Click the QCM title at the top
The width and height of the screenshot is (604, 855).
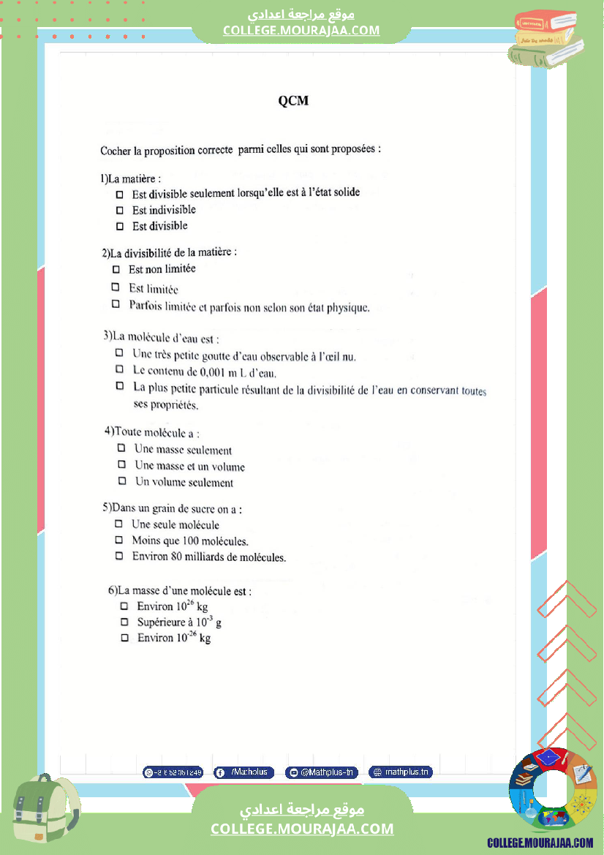293,101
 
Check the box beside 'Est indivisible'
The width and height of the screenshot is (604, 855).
120,211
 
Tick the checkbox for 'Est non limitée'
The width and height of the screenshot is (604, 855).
116,270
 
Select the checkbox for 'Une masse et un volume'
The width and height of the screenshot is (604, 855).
122,465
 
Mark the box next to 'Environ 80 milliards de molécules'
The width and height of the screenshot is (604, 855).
118,557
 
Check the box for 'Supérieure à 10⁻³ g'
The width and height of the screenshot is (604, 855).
124,622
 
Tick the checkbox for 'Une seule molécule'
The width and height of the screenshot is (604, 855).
118,524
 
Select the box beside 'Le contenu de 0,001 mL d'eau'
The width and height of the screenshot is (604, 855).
120,370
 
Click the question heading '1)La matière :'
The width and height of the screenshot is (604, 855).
131,178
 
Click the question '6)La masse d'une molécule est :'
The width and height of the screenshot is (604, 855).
180,590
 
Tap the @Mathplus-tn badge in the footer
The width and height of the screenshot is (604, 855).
322,772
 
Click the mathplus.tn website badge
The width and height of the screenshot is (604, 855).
401,772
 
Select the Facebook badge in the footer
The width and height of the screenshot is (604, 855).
244,772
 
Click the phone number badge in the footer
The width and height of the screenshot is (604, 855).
173,772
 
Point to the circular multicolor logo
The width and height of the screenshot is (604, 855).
553,792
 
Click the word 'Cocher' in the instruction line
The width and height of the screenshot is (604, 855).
116,151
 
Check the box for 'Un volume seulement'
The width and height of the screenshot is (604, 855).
122,481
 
